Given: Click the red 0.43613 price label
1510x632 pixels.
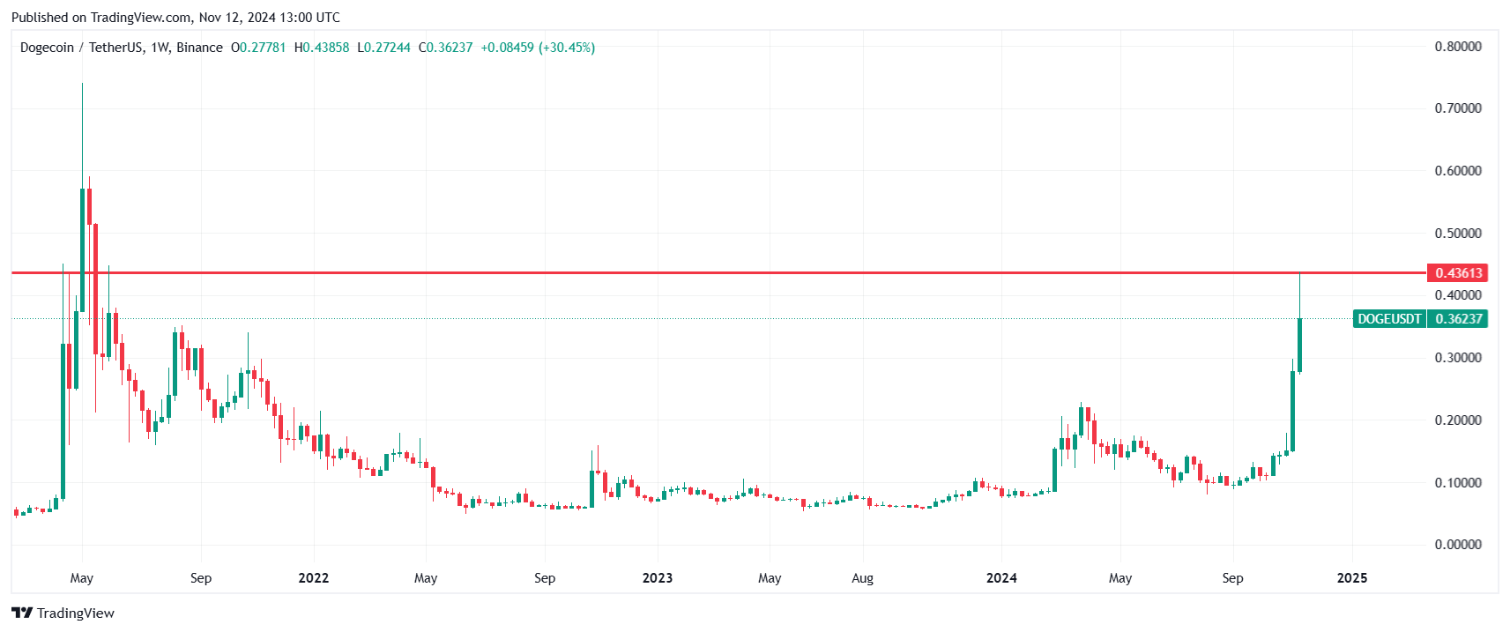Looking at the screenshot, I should click(x=1458, y=273).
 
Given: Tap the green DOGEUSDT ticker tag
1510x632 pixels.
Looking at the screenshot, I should click(x=1389, y=319).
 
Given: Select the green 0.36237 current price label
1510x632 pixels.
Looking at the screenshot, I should click(x=1458, y=319).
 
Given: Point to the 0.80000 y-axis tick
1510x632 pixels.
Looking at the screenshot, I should click(x=1458, y=47).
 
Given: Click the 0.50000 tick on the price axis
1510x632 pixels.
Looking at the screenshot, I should click(x=1458, y=234).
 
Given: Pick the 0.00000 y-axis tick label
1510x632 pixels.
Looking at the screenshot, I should click(x=1458, y=545).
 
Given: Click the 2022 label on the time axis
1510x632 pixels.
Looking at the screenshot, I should click(x=314, y=578).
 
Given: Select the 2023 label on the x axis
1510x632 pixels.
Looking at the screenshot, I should click(x=658, y=578).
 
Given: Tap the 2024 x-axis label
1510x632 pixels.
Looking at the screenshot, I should click(x=1001, y=578).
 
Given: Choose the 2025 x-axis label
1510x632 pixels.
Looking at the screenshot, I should click(x=1352, y=578).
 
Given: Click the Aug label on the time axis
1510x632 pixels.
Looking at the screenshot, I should click(x=863, y=578).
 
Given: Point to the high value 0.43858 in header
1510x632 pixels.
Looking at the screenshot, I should click(x=326, y=48).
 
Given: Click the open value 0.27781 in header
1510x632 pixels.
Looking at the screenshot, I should click(x=263, y=48).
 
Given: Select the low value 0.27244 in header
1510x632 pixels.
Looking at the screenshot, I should click(x=388, y=48).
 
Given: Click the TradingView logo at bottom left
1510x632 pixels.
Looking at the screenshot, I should click(x=63, y=613).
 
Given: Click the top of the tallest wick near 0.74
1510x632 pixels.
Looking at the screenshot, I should click(x=82, y=85).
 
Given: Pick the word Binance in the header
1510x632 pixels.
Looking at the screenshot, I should click(x=199, y=48).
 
